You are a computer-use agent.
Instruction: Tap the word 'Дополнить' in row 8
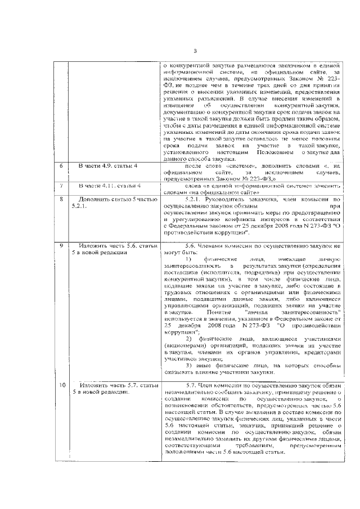click(x=96, y=199)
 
